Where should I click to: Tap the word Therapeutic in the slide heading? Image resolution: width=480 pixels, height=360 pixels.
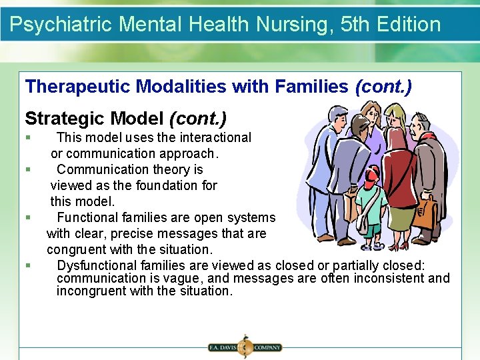[x=77, y=87]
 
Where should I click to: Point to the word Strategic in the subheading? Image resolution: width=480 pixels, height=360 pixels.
[x=64, y=119]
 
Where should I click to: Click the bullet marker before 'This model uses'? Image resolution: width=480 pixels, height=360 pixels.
[x=27, y=138]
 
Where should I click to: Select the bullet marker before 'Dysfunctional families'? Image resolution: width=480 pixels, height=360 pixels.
[x=27, y=265]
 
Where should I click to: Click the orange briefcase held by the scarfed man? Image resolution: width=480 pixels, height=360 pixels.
[x=425, y=213]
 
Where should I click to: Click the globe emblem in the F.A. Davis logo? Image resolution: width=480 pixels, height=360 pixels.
[x=244, y=347]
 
